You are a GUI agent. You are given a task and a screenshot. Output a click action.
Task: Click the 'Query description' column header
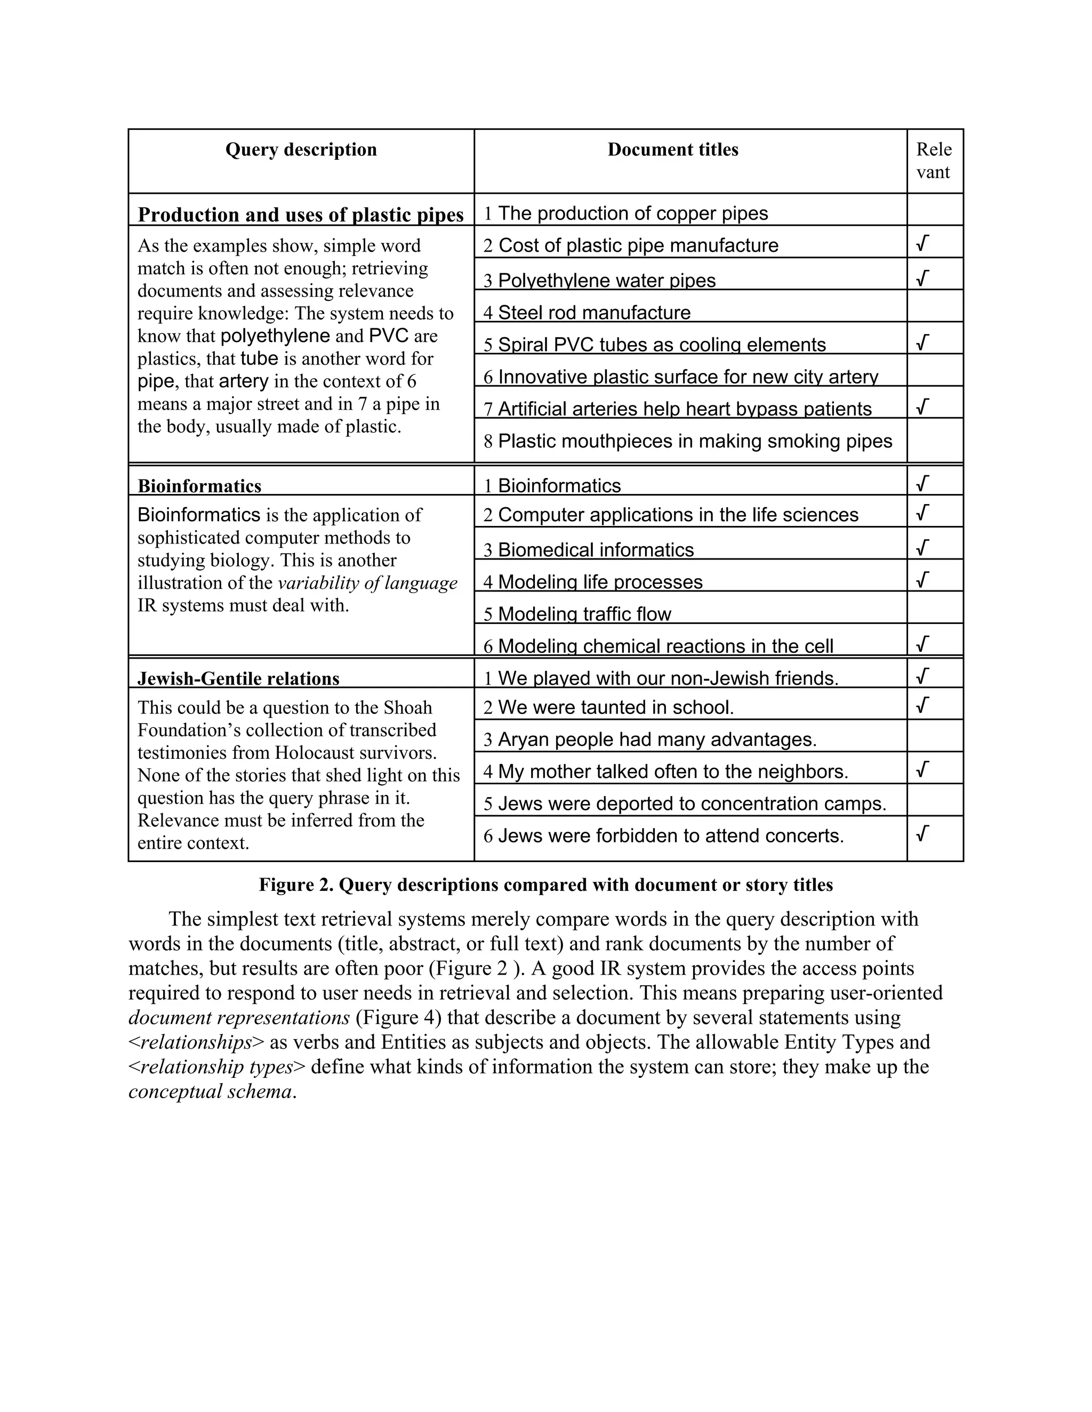[301, 150]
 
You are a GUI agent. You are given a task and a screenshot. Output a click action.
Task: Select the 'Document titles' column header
[673, 150]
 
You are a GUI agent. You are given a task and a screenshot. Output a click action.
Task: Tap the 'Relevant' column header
[934, 161]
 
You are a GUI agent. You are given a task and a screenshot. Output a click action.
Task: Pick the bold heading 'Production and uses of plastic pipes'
[301, 215]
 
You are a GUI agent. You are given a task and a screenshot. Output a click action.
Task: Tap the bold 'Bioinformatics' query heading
[199, 486]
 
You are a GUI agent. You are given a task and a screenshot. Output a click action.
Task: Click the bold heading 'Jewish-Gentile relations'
[238, 679]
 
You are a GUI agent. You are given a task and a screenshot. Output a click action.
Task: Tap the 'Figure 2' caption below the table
[545, 885]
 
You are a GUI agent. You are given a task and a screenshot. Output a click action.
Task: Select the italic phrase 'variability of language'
[367, 583]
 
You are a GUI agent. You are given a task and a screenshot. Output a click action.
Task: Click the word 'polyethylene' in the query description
[275, 336]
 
